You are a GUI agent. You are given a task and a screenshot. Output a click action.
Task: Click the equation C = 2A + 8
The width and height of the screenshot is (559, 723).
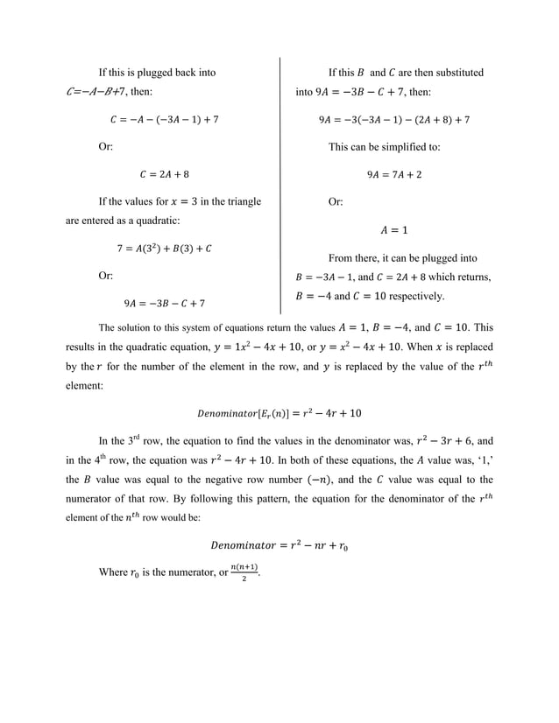tap(164, 174)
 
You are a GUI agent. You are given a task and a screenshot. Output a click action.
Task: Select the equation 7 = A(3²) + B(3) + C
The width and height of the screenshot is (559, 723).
tap(164, 249)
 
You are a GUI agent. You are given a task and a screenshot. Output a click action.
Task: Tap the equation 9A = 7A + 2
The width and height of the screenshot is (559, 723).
tap(394, 174)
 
